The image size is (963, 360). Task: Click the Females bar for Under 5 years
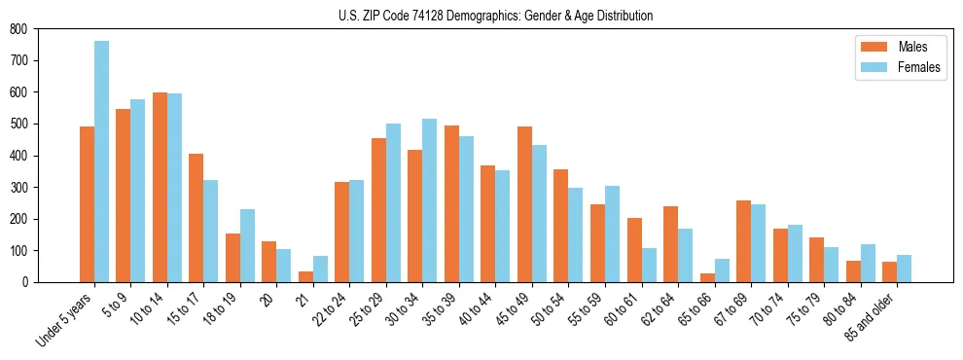tap(101, 162)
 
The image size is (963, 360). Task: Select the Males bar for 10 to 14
tap(160, 187)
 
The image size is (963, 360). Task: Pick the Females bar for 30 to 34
tap(430, 200)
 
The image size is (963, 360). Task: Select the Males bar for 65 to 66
tap(707, 277)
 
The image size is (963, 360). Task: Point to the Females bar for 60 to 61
tap(649, 265)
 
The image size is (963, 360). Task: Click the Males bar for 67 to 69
tap(743, 241)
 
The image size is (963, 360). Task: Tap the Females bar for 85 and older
tap(905, 269)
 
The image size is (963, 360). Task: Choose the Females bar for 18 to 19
tap(247, 245)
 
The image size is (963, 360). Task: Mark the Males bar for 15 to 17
tap(196, 218)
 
